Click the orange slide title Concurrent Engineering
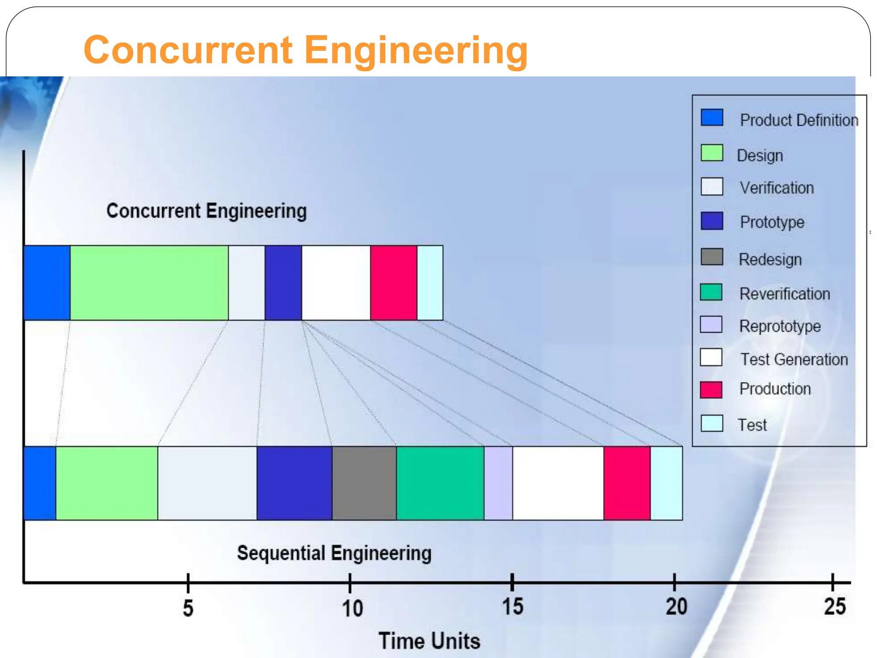(305, 50)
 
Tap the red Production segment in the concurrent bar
(394, 283)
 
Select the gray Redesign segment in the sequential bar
(364, 483)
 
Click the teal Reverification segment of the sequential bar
(440, 483)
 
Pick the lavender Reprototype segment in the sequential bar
(498, 483)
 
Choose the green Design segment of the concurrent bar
(149, 283)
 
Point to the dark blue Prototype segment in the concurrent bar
(283, 283)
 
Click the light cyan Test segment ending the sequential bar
(666, 483)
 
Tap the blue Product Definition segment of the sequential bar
(40, 483)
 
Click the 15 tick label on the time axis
(513, 607)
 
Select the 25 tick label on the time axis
(835, 607)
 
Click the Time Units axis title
(429, 641)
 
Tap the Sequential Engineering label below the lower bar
(334, 553)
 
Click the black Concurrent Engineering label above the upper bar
(206, 211)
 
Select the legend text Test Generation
(794, 359)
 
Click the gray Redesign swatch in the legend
(712, 257)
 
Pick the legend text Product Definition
(799, 120)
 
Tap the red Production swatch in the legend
(711, 389)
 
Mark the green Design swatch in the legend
(712, 153)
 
